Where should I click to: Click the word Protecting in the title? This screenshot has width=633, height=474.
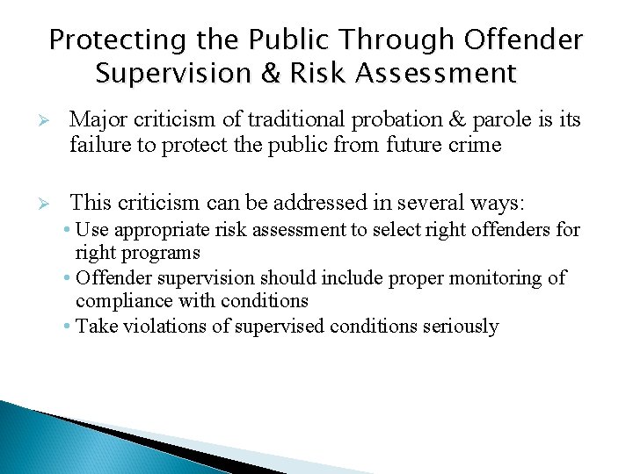tap(118, 40)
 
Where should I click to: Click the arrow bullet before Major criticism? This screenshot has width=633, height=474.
tap(52, 120)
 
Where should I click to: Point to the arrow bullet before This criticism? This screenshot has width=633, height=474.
tap(52, 205)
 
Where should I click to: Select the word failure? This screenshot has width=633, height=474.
tap(98, 145)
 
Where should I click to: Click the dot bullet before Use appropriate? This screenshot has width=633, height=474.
tap(69, 231)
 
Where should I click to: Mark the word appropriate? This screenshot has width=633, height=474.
tap(154, 231)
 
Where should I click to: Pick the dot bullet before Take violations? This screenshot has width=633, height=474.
tap(69, 327)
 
